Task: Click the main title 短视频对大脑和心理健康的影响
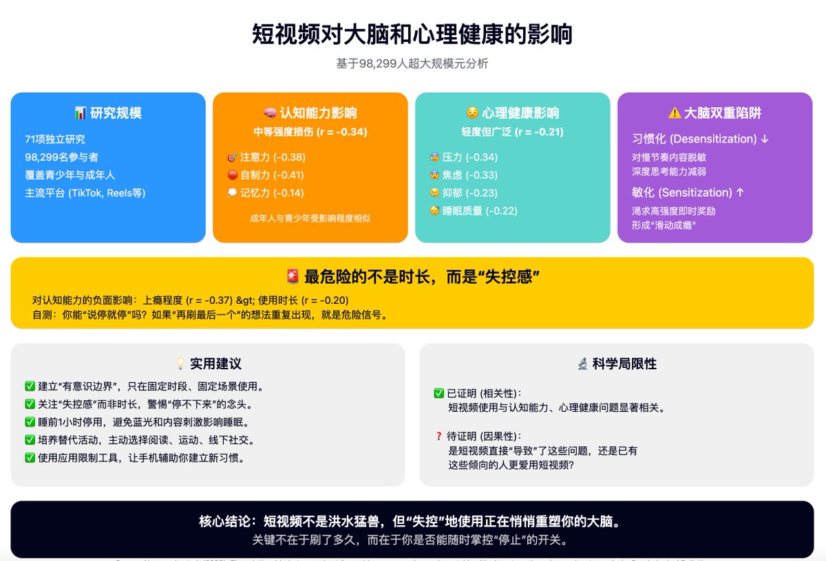412,34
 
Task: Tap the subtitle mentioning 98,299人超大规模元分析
412,64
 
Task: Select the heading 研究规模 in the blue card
116,113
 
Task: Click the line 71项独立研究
54,140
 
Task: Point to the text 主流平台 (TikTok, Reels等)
85,193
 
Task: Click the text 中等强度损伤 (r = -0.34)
310,132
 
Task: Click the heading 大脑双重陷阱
722,113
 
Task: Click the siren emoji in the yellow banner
293,277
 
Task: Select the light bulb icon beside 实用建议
180,364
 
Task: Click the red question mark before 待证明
438,436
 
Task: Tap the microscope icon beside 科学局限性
582,364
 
